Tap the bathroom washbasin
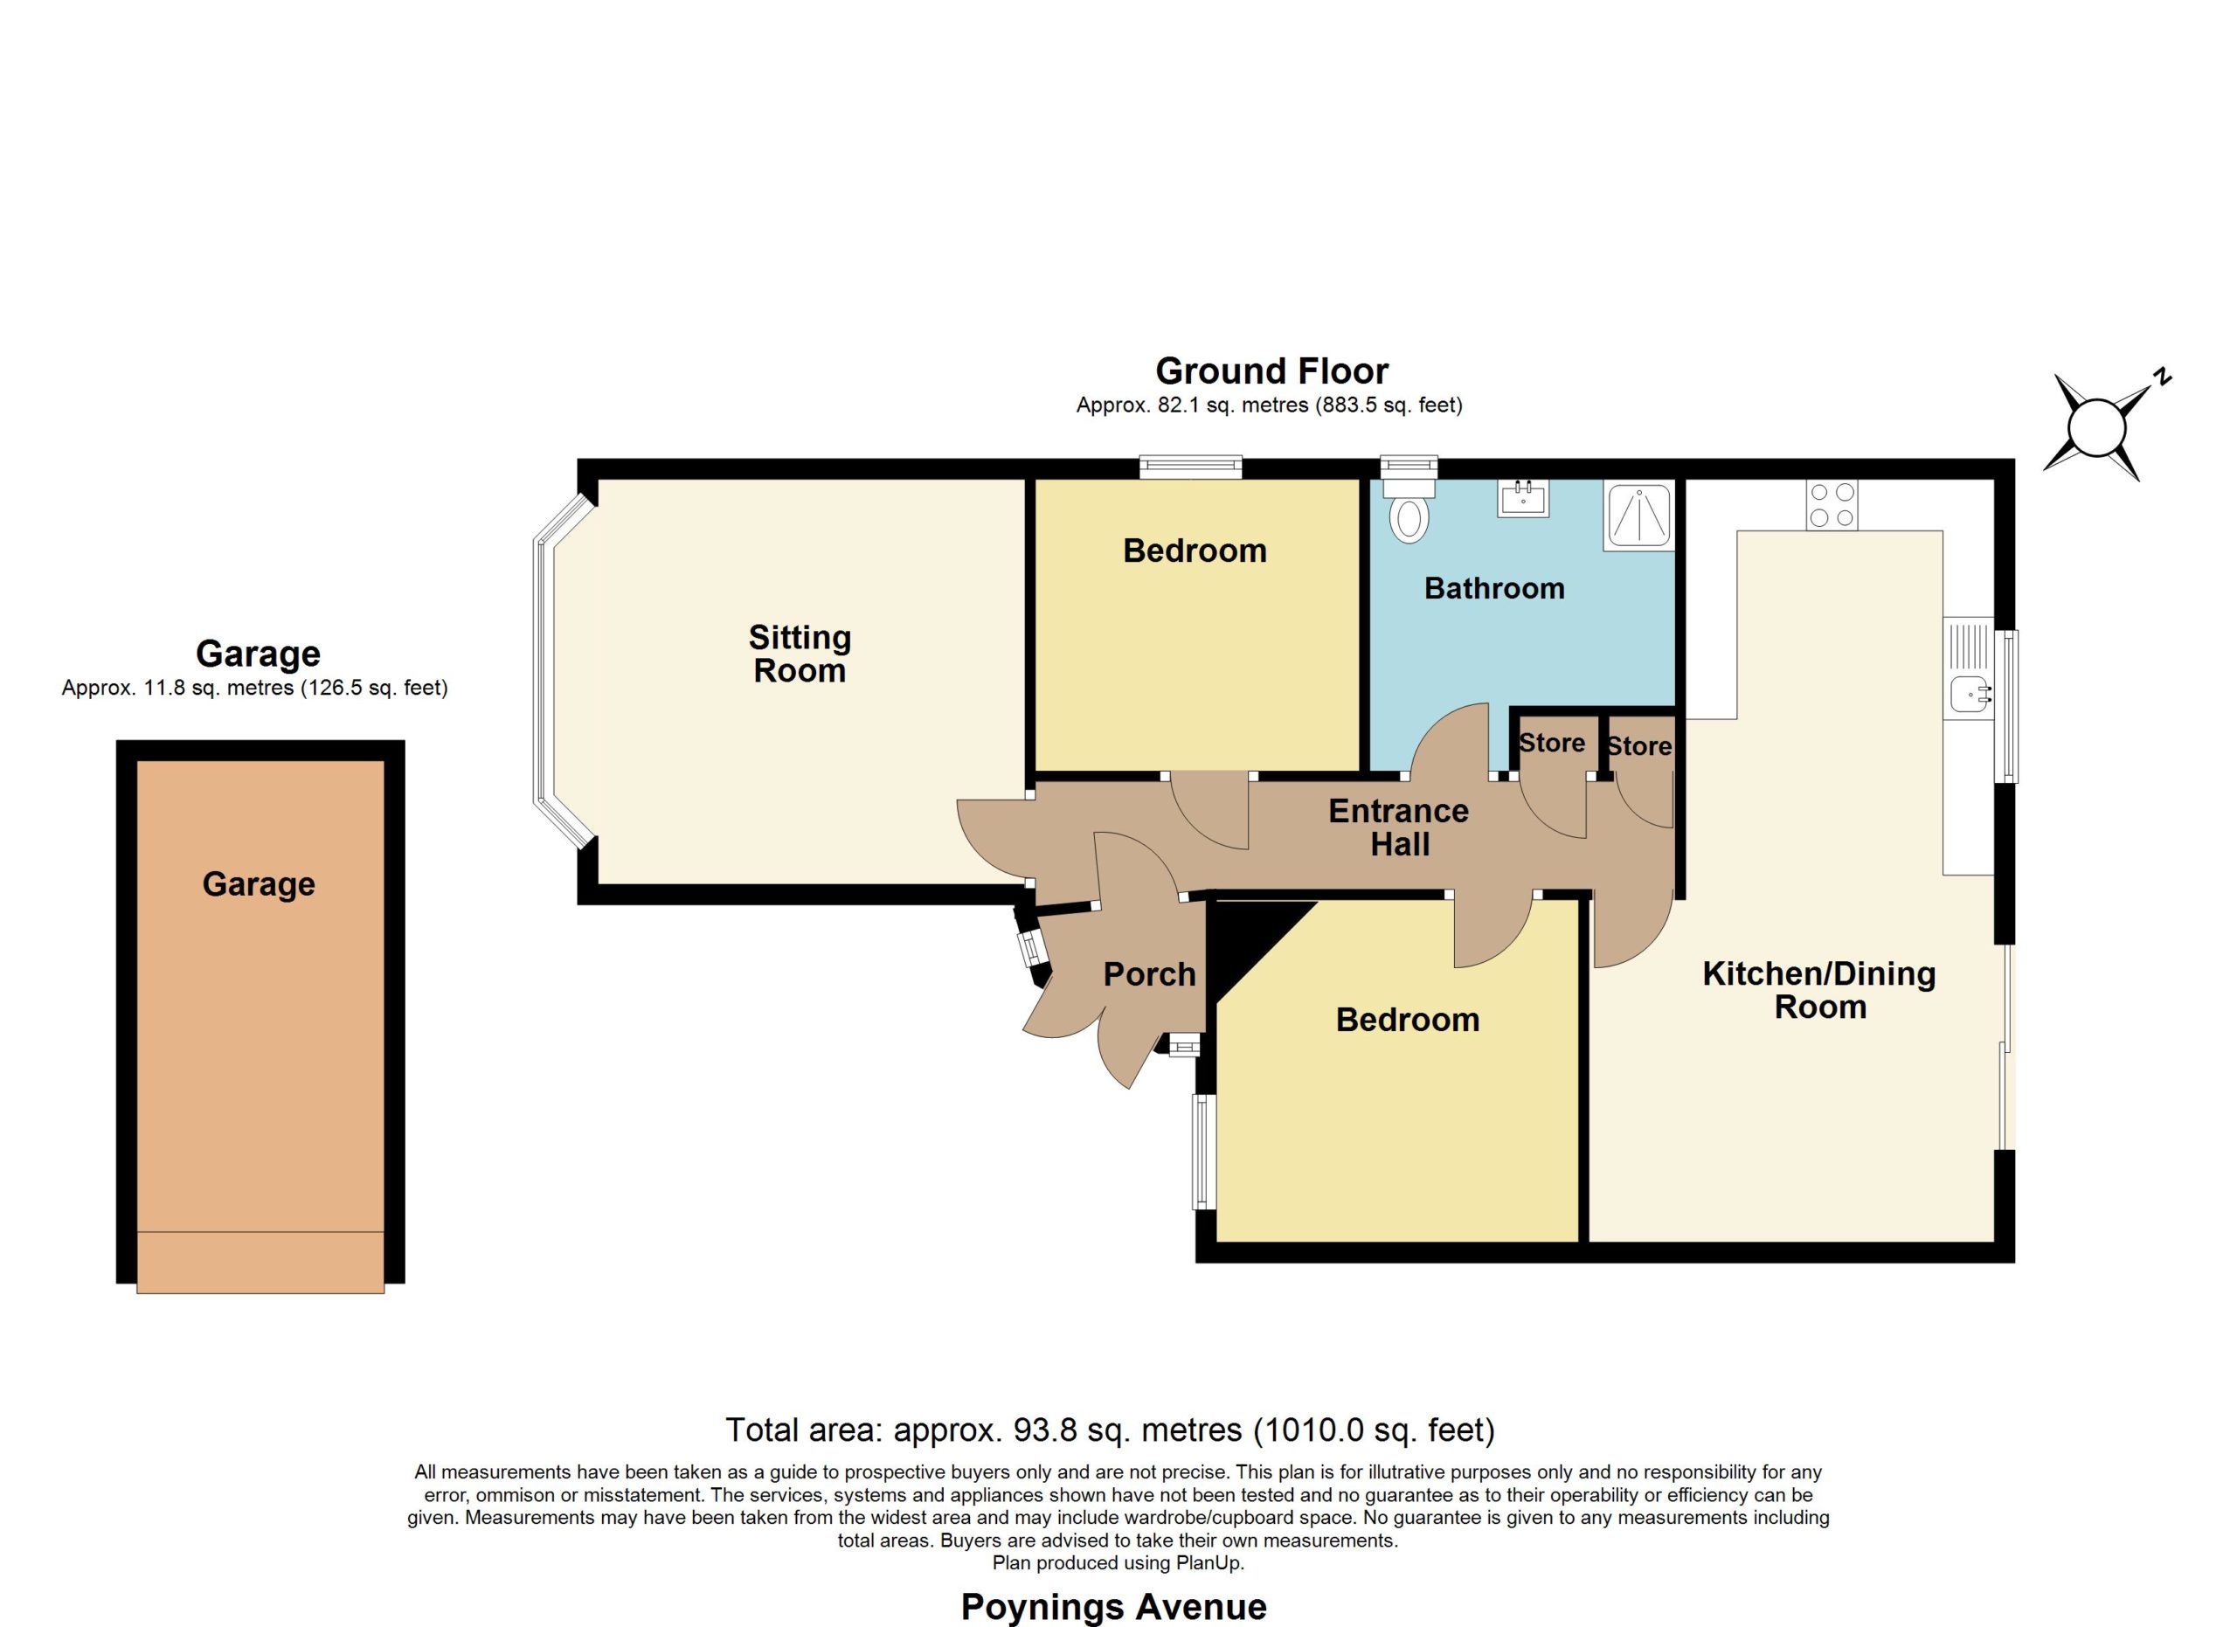click(1523, 498)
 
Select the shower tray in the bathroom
click(1638, 515)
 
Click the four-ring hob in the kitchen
click(1832, 504)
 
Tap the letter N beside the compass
click(2162, 376)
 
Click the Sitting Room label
click(800, 654)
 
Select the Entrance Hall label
click(1399, 827)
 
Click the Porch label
click(1149, 974)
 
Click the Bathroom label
click(1494, 589)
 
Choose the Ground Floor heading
click(1271, 371)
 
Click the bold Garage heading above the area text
click(258, 654)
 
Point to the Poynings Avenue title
click(1113, 1607)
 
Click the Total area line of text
click(1111, 1430)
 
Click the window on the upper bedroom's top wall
click(1189, 467)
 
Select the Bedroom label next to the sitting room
click(1195, 550)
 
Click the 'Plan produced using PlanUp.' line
click(1118, 1563)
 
